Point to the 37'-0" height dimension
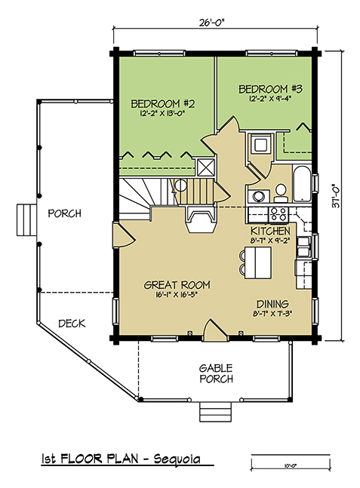(337, 197)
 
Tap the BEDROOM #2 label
(162, 103)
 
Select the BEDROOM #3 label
(271, 89)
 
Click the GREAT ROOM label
(177, 285)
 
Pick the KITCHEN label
(270, 231)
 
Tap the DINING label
(272, 303)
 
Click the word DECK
(72, 324)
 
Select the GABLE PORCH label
(216, 373)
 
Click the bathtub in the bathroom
(302, 183)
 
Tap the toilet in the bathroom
(281, 193)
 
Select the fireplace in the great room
(201, 219)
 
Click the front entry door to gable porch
(215, 330)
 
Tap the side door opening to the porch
(123, 235)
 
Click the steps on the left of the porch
(26, 219)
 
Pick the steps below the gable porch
(216, 411)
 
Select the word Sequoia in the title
(177, 459)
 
